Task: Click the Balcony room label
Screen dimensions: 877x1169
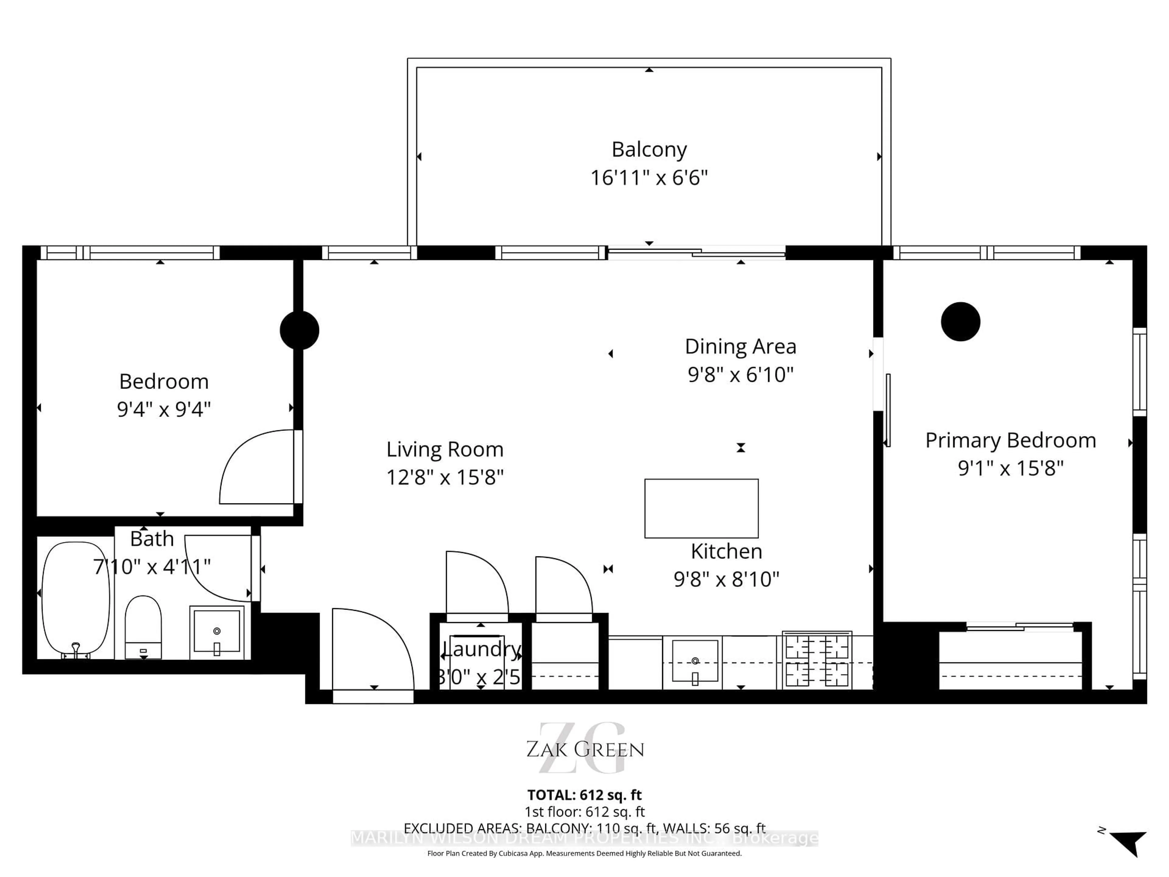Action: click(649, 150)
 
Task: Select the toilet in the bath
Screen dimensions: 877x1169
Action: click(143, 626)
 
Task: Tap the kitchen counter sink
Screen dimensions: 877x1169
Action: click(695, 661)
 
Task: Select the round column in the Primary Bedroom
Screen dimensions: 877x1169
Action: click(960, 321)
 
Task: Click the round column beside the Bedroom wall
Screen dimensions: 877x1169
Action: click(300, 330)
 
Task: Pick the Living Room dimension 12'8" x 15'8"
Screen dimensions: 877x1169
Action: click(445, 477)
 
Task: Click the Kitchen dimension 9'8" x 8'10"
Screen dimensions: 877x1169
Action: click(726, 579)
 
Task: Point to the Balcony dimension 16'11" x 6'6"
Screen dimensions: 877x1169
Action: click(649, 178)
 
